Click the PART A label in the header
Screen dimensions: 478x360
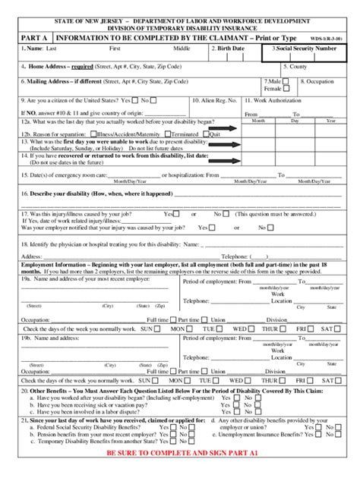tap(35, 35)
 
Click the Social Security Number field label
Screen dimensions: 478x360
tap(303, 49)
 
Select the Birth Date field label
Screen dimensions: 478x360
tap(229, 49)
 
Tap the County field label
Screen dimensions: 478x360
tap(295, 66)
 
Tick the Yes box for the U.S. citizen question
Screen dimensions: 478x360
tap(134, 99)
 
